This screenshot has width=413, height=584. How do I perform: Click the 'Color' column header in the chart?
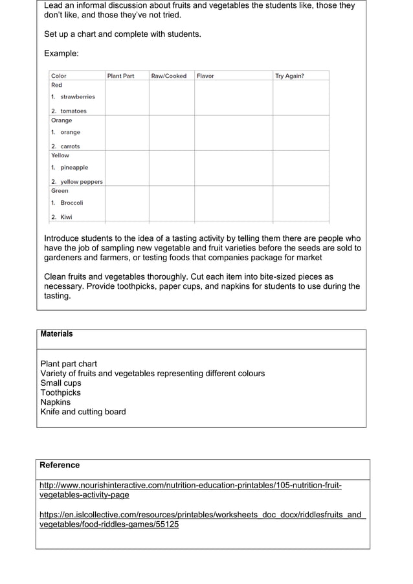[x=59, y=76]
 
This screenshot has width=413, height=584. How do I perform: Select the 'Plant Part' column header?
[x=120, y=76]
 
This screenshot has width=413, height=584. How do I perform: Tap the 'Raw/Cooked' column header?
[x=168, y=76]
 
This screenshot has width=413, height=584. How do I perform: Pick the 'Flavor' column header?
[x=205, y=76]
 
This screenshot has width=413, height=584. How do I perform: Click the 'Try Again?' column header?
[x=289, y=76]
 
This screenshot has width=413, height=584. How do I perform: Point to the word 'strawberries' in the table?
[x=78, y=96]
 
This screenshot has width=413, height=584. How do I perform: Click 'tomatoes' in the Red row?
[x=73, y=111]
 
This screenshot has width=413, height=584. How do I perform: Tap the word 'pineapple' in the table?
[x=74, y=167]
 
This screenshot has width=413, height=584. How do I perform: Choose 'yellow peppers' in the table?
[x=82, y=182]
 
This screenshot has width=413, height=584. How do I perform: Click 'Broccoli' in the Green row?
[x=72, y=203]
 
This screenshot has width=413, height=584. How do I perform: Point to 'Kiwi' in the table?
[x=67, y=217]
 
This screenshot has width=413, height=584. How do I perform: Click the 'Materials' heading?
[x=56, y=334]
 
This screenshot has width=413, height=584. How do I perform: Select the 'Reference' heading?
[x=60, y=465]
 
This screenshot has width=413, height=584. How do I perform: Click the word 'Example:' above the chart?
[x=61, y=53]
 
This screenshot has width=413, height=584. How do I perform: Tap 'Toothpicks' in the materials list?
[x=60, y=392]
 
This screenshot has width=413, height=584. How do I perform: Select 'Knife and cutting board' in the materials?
[x=83, y=412]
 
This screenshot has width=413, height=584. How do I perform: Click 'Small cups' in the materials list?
[x=61, y=383]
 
